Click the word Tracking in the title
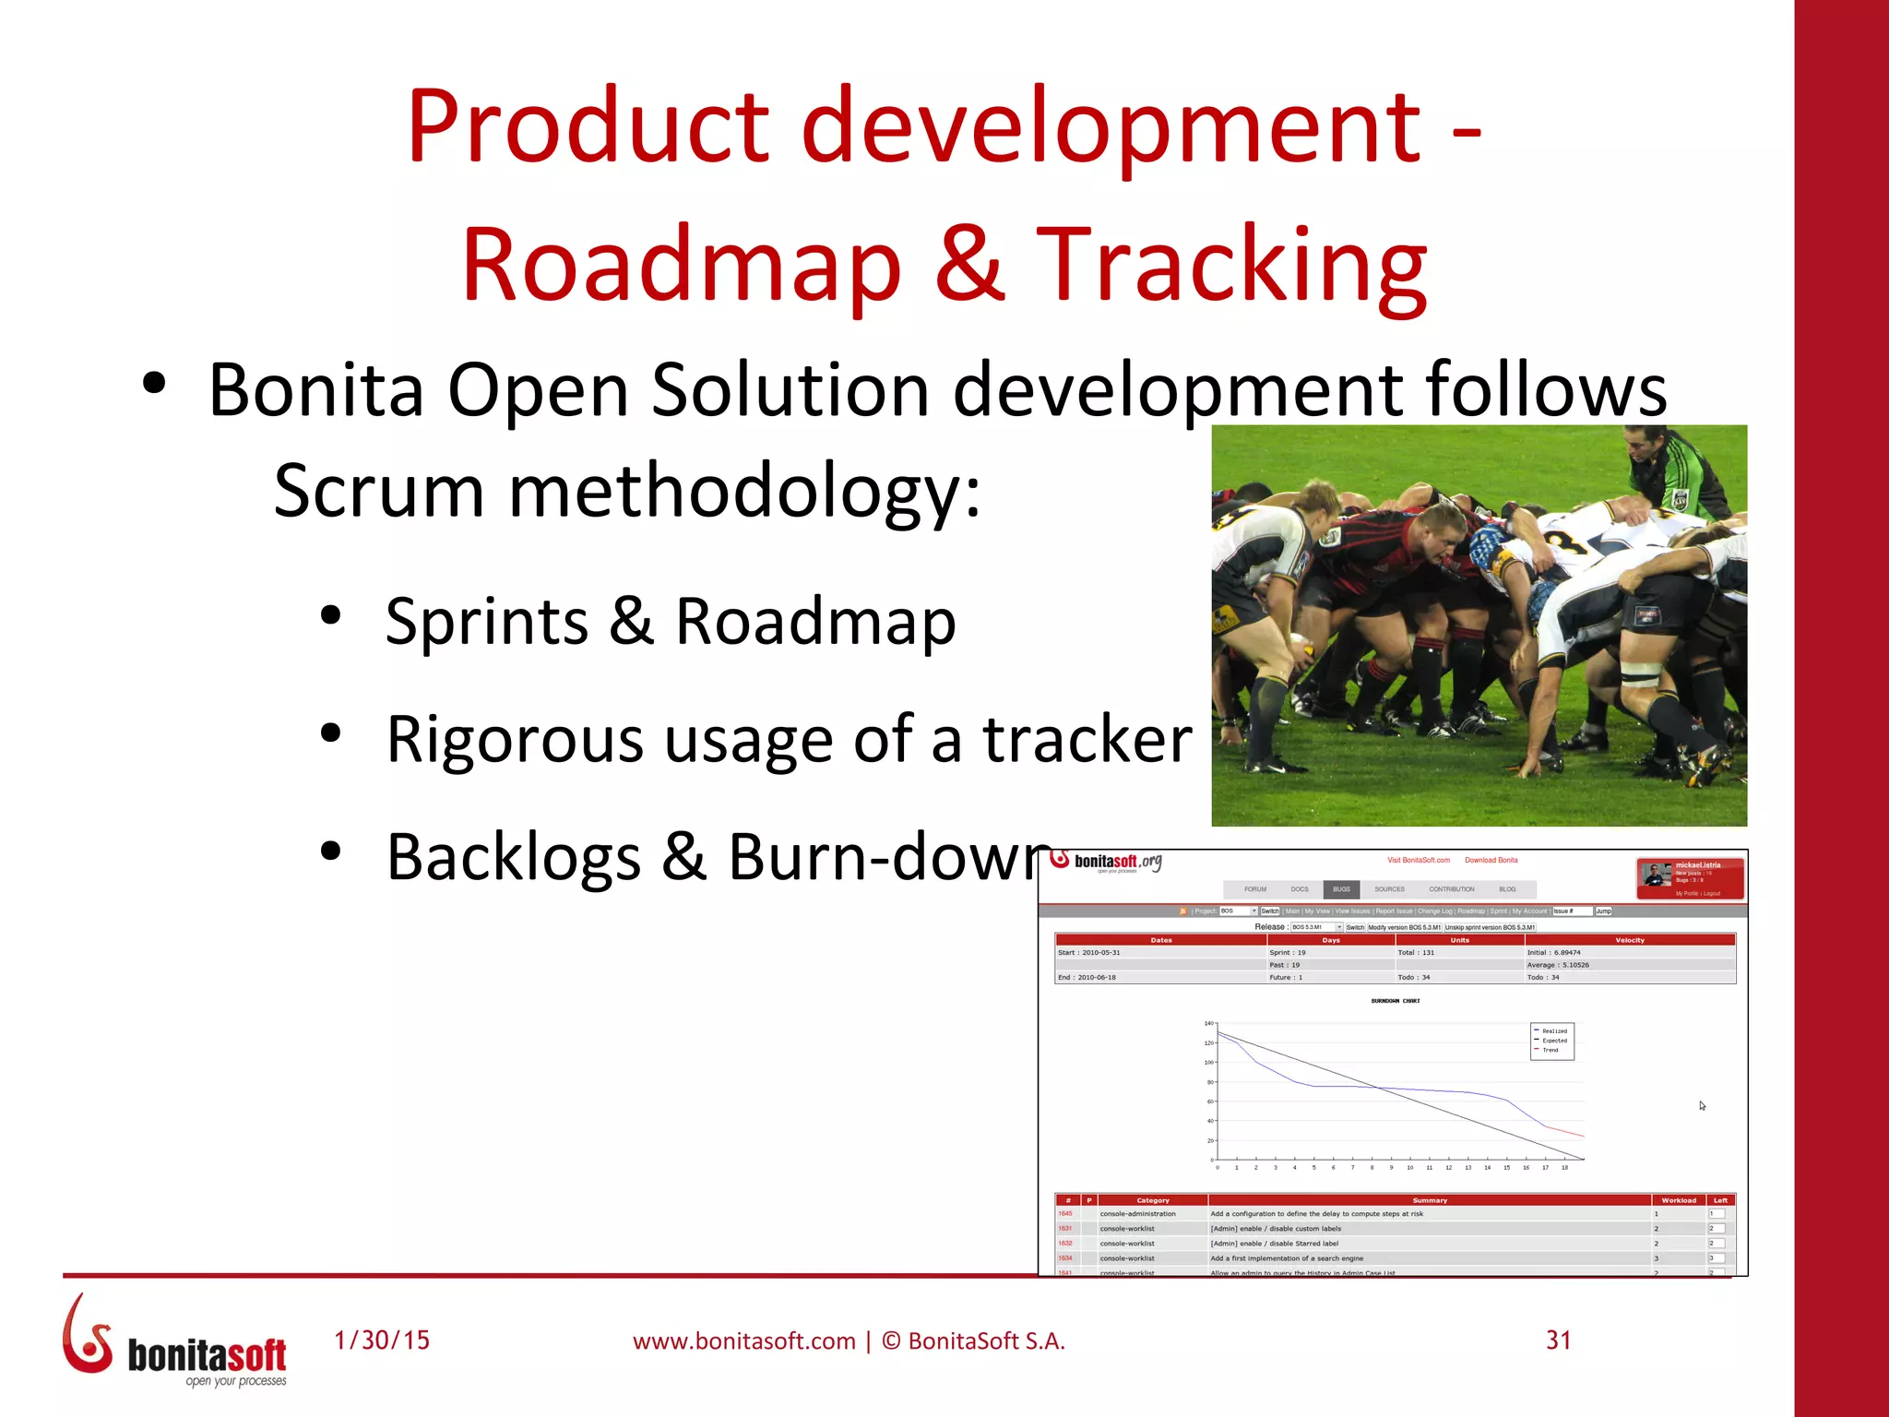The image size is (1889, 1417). pyautogui.click(x=1232, y=266)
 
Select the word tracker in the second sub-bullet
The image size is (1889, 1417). pyautogui.click(x=1088, y=740)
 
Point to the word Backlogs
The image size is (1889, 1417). pyautogui.click(x=513, y=858)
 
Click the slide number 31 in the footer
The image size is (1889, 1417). pyautogui.click(x=1559, y=1340)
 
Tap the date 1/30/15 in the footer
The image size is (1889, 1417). pyautogui.click(x=382, y=1340)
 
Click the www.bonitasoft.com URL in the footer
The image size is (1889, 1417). pyautogui.click(x=743, y=1341)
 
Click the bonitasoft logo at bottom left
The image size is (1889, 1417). pyautogui.click(x=175, y=1343)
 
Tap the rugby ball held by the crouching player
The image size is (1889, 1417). pyautogui.click(x=1301, y=645)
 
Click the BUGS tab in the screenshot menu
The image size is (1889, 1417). pyautogui.click(x=1341, y=889)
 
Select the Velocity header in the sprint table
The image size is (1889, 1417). pyautogui.click(x=1630, y=940)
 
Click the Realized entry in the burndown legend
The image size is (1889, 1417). pyautogui.click(x=1554, y=1031)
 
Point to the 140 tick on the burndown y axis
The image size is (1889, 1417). pyautogui.click(x=1208, y=1023)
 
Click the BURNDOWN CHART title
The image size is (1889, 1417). pyautogui.click(x=1396, y=1001)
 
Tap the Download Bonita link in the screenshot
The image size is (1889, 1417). pyautogui.click(x=1491, y=860)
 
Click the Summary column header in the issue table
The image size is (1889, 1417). pyautogui.click(x=1430, y=1200)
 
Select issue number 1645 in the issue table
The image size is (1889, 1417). pyautogui.click(x=1065, y=1214)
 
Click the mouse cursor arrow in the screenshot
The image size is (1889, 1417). pyautogui.click(x=1702, y=1105)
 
